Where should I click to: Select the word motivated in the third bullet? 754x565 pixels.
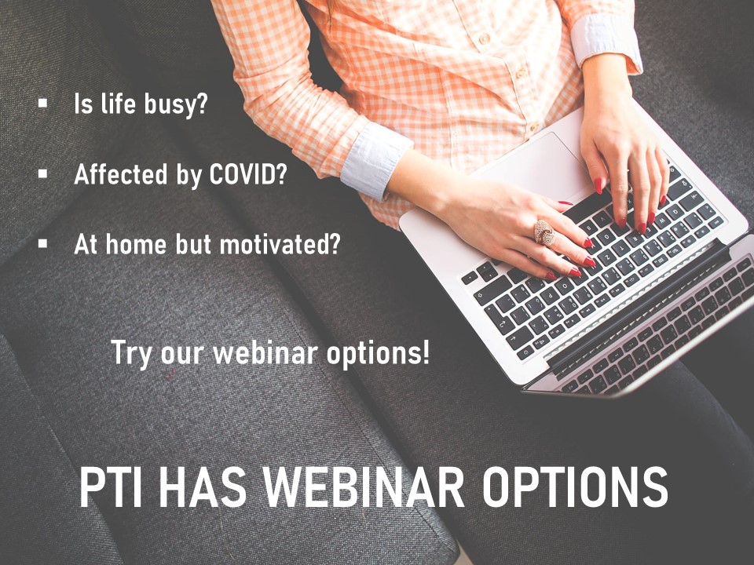(275, 244)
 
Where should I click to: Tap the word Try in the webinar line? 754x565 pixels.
(132, 354)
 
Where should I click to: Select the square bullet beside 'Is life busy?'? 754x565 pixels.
(42, 102)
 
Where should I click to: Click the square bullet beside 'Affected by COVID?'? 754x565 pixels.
(42, 173)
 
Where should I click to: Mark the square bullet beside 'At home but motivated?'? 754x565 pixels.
(42, 243)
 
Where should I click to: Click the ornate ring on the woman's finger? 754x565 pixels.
(544, 232)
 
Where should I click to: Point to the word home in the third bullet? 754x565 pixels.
(136, 244)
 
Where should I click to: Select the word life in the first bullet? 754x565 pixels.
(119, 104)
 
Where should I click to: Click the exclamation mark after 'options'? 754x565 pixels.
(425, 352)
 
